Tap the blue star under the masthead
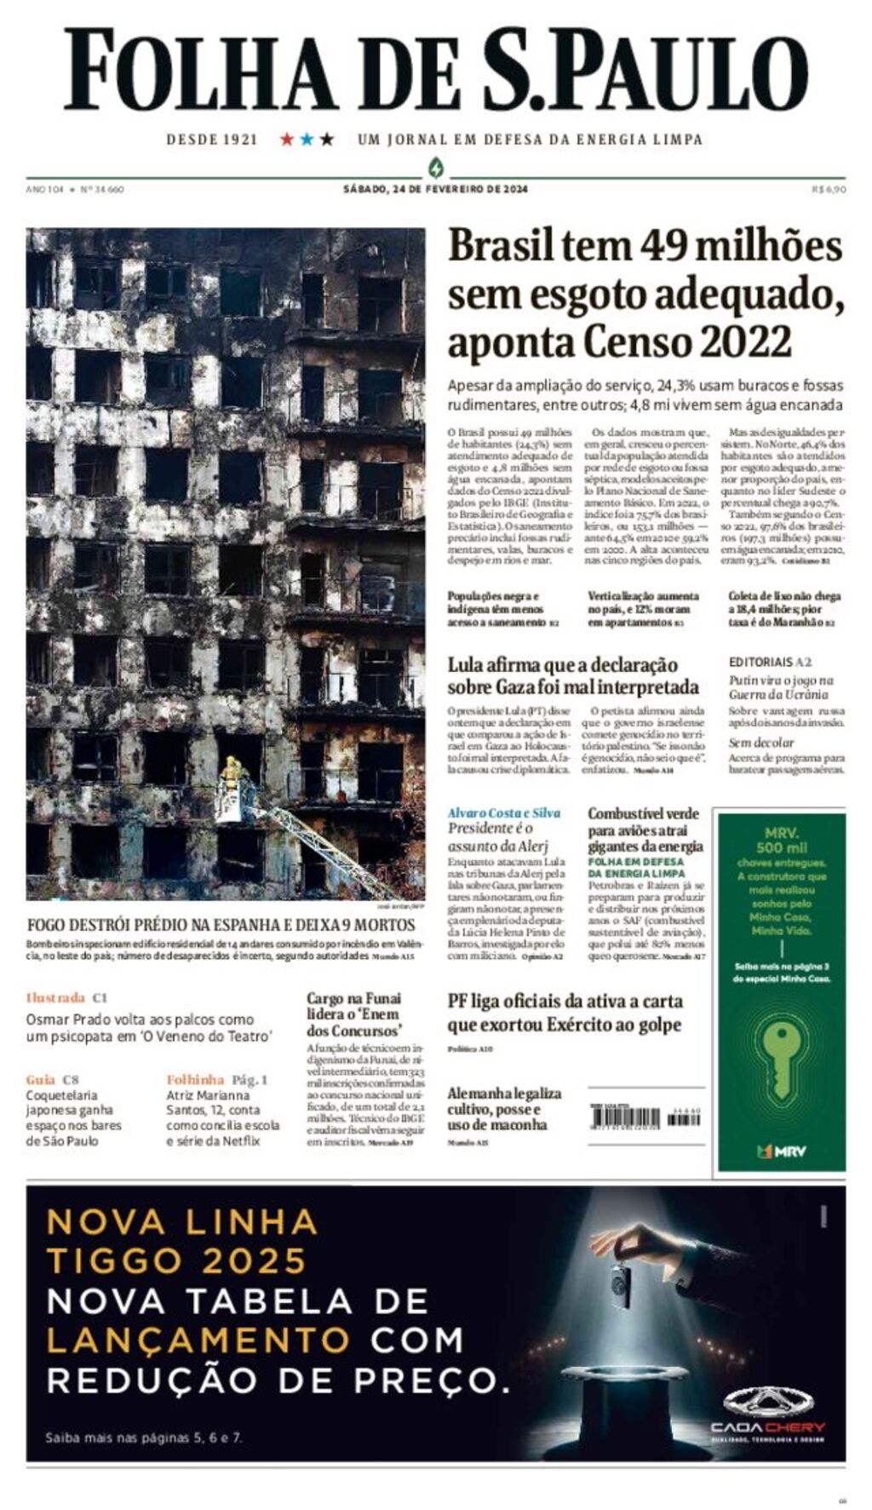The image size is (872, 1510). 307,139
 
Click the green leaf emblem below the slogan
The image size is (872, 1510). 436,167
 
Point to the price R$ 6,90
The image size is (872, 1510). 829,189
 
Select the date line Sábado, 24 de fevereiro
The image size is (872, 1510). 435,189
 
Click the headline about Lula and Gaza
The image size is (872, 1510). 573,675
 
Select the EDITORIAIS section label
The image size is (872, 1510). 761,662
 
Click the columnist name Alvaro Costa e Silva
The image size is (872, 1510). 504,812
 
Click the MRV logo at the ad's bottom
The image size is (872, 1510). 781,1151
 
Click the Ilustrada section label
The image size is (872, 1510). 56,997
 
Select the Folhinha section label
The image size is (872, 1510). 195,1079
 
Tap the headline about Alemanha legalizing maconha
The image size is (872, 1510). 504,1108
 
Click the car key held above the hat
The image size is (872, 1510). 620,1283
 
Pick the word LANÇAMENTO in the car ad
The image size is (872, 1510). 198,1340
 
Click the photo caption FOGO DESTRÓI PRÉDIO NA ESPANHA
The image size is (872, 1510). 221,925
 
